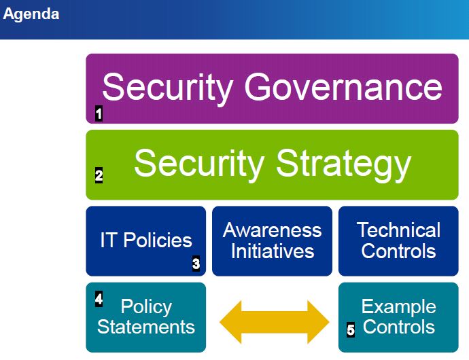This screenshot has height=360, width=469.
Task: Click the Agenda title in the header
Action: [x=31, y=14]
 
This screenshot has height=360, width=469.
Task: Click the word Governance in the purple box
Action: [x=343, y=88]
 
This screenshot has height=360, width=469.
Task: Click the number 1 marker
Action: [x=99, y=114]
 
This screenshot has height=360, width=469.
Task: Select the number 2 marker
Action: [x=99, y=176]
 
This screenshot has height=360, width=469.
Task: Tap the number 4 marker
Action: [x=99, y=298]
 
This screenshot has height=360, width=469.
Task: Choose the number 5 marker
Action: [x=351, y=330]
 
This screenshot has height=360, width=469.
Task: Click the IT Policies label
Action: [x=145, y=240]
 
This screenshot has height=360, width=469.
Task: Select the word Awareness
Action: [x=272, y=230]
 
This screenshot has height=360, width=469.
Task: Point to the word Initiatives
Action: [x=272, y=251]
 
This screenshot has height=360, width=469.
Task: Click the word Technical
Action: [x=398, y=230]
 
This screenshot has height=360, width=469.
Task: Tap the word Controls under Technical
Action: [x=398, y=251]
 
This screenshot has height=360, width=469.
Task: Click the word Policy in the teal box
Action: [x=145, y=306]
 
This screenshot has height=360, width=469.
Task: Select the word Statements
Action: [x=145, y=327]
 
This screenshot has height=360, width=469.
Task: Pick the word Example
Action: [x=398, y=306]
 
